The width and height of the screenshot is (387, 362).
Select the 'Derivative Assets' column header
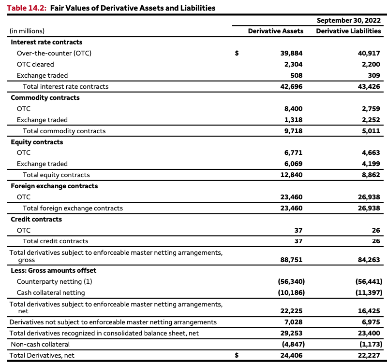pyautogui.click(x=275, y=31)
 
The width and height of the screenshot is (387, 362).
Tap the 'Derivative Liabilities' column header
pyautogui.click(x=348, y=31)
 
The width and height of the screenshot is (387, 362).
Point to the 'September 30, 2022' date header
pyautogui.click(x=348, y=20)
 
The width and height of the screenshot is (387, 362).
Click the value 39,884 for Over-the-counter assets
pyautogui.click(x=292, y=53)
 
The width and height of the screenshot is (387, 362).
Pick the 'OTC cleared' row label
pyautogui.click(x=35, y=64)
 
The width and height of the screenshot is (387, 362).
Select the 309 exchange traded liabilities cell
pyautogui.click(x=373, y=75)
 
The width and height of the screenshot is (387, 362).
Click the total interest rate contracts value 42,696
pyautogui.click(x=292, y=86)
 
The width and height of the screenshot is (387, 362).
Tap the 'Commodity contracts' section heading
pyautogui.click(x=45, y=97)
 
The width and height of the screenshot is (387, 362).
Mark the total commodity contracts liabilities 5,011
pyautogui.click(x=371, y=131)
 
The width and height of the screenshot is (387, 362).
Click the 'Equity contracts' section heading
pyautogui.click(x=37, y=142)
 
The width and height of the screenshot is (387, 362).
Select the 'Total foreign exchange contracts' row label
pyautogui.click(x=73, y=208)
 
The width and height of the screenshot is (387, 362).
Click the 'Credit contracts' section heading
pyautogui.click(x=36, y=219)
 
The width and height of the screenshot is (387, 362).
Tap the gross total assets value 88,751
pyautogui.click(x=292, y=260)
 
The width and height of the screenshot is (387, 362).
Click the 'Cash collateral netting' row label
pyautogui.click(x=51, y=292)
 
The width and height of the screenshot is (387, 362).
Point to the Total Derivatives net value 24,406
pyautogui.click(x=292, y=355)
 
